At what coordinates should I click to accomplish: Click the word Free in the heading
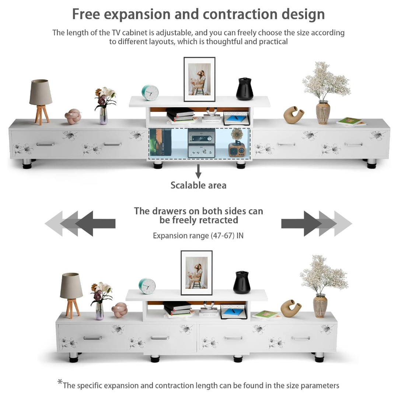click(86, 14)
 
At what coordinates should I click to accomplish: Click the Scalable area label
click(198, 185)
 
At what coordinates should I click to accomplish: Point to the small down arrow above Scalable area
click(198, 171)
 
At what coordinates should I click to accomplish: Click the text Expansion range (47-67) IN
click(198, 235)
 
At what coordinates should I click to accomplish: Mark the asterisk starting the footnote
click(60, 383)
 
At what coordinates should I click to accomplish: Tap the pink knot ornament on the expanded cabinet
click(73, 116)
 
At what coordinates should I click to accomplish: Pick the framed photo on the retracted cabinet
click(196, 273)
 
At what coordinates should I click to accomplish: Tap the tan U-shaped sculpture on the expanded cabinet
click(293, 115)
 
